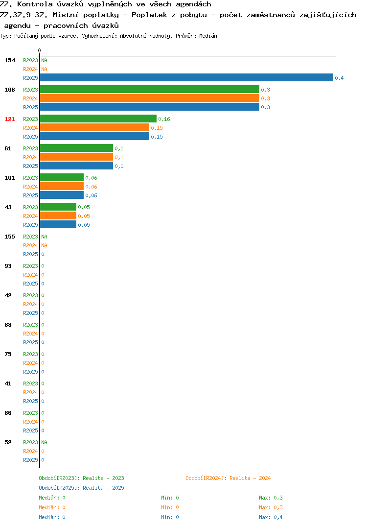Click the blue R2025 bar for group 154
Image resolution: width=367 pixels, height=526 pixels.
(x=186, y=77)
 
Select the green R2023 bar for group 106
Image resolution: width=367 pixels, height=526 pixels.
(x=149, y=89)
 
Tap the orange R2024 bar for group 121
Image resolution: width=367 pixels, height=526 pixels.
(x=94, y=127)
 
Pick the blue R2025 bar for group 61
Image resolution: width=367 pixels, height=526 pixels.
(x=76, y=166)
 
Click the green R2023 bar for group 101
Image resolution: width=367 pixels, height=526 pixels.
(x=62, y=177)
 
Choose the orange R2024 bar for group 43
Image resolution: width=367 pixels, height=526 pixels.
(x=58, y=215)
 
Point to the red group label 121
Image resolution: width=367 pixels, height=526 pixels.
(x=10, y=119)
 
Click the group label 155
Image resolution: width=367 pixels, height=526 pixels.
(x=10, y=237)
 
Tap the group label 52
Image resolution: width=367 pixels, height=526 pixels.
(x=8, y=442)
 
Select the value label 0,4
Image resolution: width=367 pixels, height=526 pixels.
(x=339, y=78)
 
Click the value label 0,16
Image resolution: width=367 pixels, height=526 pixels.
(x=164, y=119)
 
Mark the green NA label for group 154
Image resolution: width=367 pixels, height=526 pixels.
(x=44, y=60)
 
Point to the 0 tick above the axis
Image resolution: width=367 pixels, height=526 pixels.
(x=39, y=50)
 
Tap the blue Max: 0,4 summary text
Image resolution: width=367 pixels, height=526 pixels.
(x=271, y=517)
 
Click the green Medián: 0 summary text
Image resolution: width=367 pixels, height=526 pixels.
(x=52, y=498)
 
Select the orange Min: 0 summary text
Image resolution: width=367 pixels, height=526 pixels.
(x=170, y=507)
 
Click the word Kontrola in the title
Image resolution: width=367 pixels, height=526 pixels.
(x=35, y=4)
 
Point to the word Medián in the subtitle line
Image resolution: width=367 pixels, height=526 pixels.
(x=208, y=36)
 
